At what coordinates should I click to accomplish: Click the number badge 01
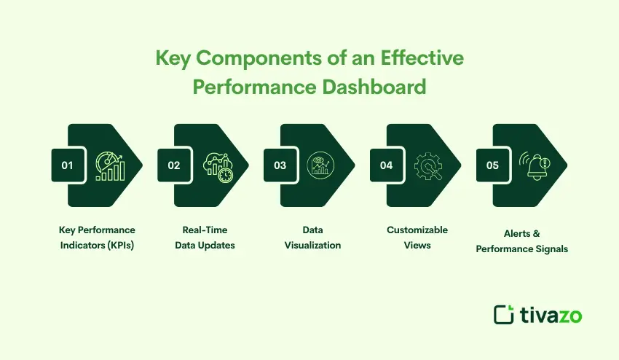tap(67, 165)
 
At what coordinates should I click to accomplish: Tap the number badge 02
tap(173, 165)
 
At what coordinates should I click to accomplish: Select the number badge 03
tap(280, 165)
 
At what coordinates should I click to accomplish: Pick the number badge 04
tap(386, 165)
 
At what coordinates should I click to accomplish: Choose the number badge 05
tap(493, 165)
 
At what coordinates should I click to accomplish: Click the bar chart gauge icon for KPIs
tap(110, 165)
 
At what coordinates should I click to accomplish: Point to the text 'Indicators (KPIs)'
tap(97, 246)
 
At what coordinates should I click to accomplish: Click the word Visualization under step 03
tap(312, 246)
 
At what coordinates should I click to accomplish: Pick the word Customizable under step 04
tap(417, 230)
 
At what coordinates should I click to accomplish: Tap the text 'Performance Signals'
tap(522, 249)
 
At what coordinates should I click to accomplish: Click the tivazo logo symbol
tap(504, 314)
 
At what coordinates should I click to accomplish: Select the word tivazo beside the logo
tap(551, 314)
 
